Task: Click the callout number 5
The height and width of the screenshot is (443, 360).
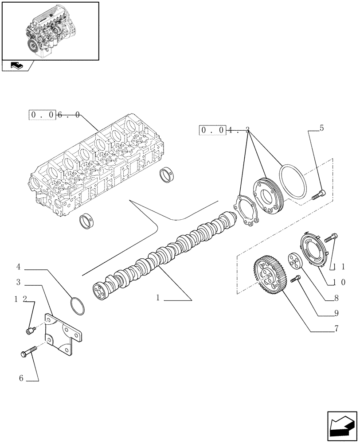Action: point(321,128)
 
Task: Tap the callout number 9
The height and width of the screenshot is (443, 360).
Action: point(337,313)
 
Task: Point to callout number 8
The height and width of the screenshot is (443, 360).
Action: point(337,298)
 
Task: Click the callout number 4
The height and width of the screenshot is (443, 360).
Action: point(19,267)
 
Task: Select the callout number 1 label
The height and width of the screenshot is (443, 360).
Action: point(158,298)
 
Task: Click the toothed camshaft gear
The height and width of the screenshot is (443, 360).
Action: point(269,276)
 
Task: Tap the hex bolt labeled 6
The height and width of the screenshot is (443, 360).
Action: point(28,353)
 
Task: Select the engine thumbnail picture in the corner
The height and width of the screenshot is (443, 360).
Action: point(50,31)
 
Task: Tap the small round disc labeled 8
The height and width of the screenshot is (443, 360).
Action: point(294,260)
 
